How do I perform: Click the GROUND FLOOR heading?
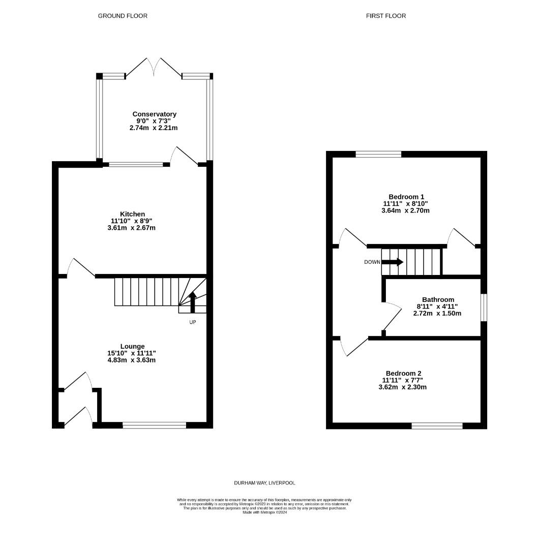[x=123, y=16]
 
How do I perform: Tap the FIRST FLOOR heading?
[x=386, y=16]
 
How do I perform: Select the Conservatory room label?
[x=155, y=114]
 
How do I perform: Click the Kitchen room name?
[x=132, y=214]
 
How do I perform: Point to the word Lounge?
[x=132, y=346]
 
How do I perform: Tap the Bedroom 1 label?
[x=406, y=197]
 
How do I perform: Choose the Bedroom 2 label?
[x=403, y=373]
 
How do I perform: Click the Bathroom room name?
[x=438, y=299]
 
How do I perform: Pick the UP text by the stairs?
[x=193, y=322]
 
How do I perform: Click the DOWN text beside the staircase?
[x=372, y=262]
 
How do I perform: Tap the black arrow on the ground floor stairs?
[x=192, y=302]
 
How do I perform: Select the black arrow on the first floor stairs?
[x=392, y=262]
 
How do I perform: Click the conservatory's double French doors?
[x=154, y=67]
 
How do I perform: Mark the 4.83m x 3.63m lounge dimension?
[x=132, y=360]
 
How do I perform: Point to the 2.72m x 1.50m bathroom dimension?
[x=437, y=313]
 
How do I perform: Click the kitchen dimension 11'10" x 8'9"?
[x=132, y=221]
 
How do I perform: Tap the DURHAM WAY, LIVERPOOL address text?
[x=265, y=483]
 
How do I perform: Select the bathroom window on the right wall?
[x=484, y=308]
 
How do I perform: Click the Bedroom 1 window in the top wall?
[x=379, y=154]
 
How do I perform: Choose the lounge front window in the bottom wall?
[x=155, y=425]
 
